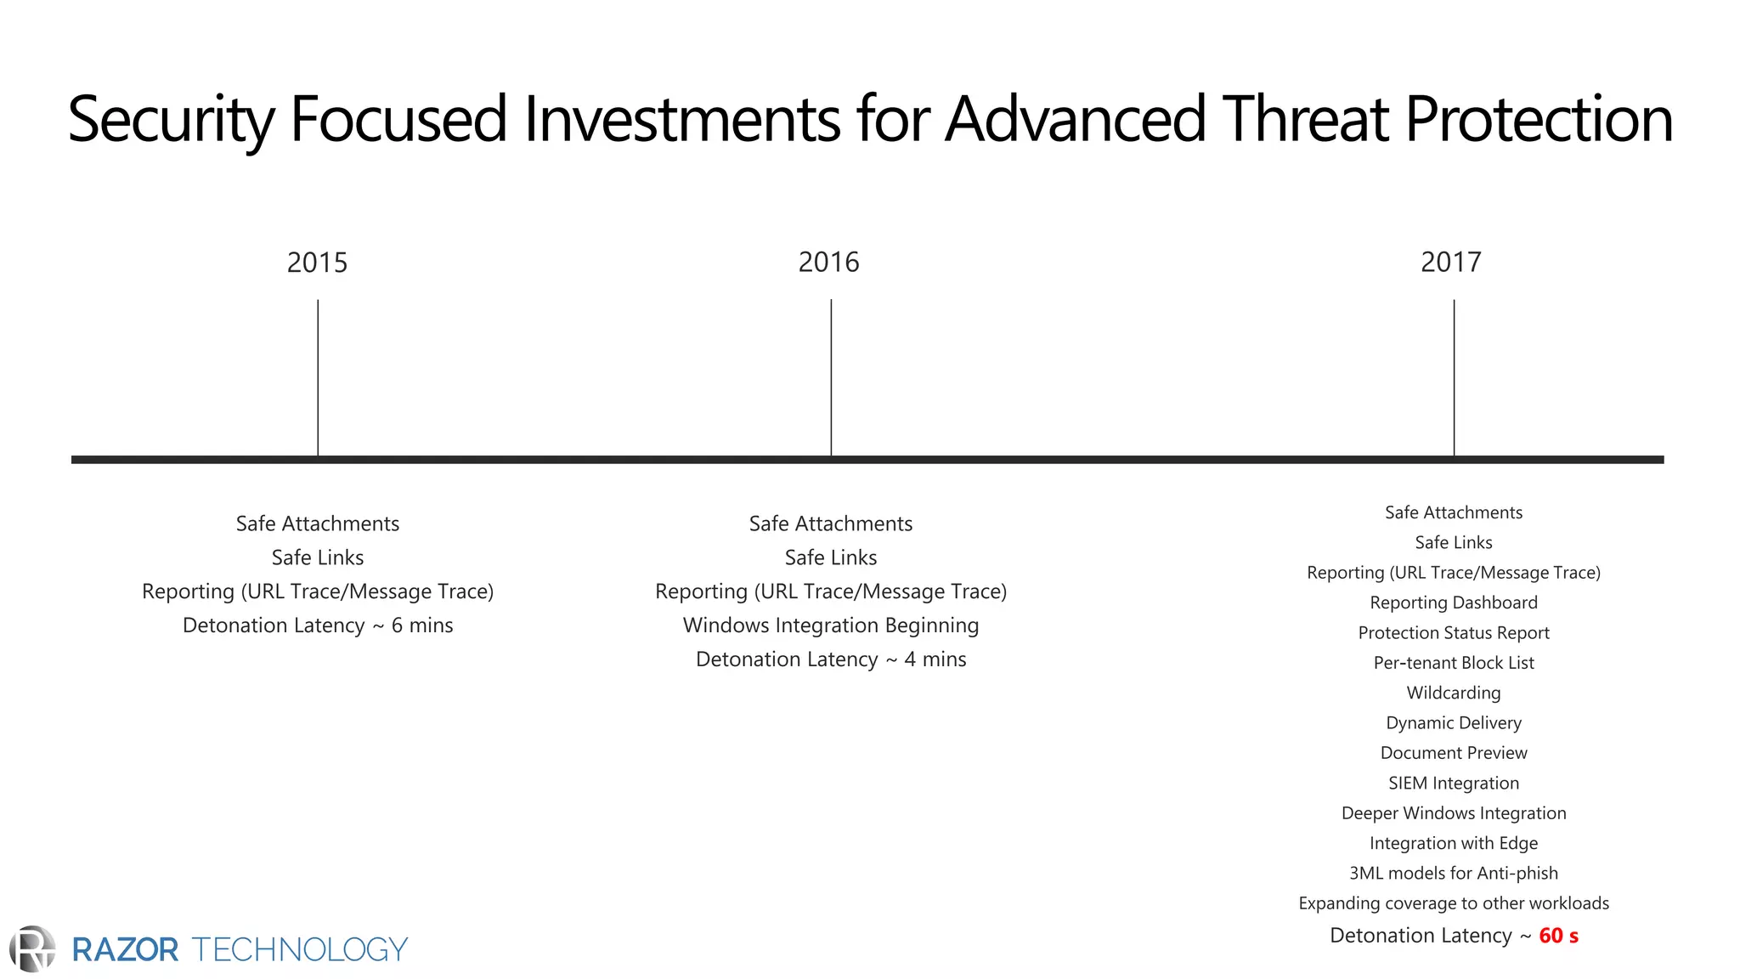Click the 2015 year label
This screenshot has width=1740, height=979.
tap(317, 263)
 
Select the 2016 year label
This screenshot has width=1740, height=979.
tap(828, 263)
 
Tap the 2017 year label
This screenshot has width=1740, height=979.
tap(1451, 263)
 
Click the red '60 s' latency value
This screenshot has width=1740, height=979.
tap(1558, 936)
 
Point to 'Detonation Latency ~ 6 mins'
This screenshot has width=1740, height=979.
tap(318, 625)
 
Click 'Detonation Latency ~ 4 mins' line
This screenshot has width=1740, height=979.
tap(831, 659)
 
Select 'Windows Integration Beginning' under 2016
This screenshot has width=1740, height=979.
tap(831, 625)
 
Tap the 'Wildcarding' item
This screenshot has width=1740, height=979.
tap(1454, 693)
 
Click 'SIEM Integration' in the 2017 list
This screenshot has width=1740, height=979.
tap(1454, 783)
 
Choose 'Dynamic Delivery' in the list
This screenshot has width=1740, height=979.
tap(1454, 723)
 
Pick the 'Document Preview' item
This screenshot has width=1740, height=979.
tap(1454, 753)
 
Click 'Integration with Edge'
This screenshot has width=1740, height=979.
tap(1454, 843)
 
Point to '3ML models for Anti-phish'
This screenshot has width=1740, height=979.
tap(1454, 873)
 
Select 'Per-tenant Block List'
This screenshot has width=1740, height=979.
tap(1454, 663)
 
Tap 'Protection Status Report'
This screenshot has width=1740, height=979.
tap(1454, 633)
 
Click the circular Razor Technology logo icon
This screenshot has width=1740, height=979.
tap(32, 949)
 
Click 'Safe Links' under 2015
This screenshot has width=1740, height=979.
tap(318, 557)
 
